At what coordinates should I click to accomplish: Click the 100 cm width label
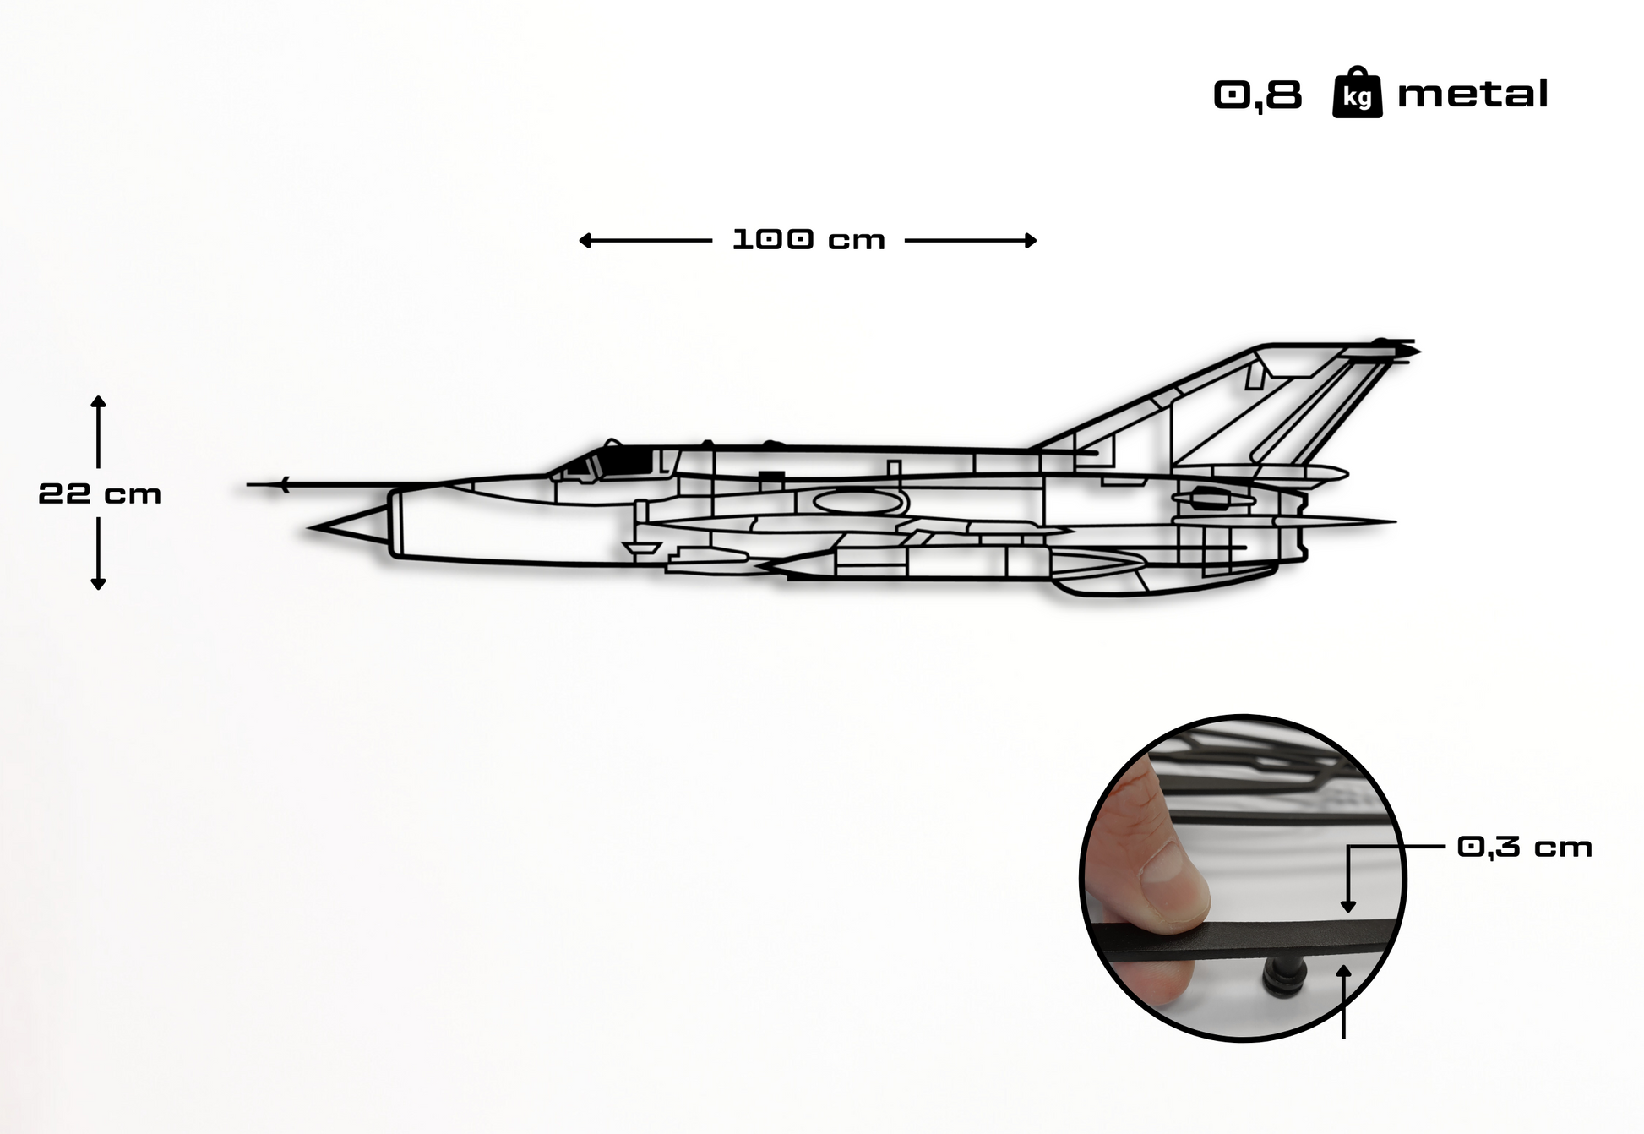[x=808, y=240]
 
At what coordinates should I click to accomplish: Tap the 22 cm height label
[x=100, y=493]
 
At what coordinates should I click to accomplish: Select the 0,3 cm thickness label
[x=1524, y=847]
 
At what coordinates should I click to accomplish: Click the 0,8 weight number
[x=1258, y=95]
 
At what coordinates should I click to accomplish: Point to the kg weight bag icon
[x=1357, y=94]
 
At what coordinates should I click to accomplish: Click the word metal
[x=1473, y=94]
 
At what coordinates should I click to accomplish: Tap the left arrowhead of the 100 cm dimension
[x=584, y=241]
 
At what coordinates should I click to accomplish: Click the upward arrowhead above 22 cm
[x=98, y=401]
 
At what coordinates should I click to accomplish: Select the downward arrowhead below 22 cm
[x=98, y=584]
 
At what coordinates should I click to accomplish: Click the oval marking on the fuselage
[x=856, y=503]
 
